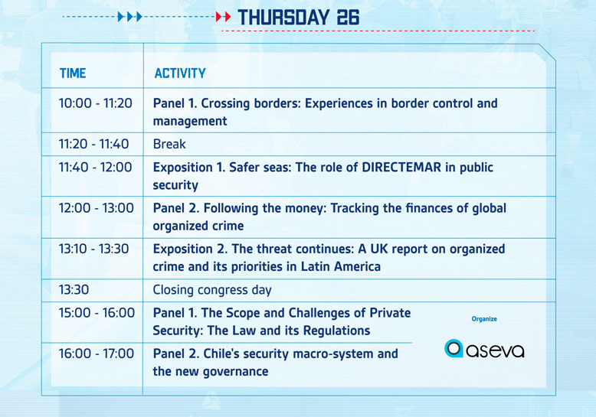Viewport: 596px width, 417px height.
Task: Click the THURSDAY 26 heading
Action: point(298,18)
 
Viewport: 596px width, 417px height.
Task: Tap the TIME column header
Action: point(73,73)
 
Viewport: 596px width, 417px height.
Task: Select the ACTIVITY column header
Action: point(180,73)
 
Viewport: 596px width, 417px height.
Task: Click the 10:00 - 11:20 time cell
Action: point(96,103)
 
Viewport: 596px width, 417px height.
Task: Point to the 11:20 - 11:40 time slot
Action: point(94,144)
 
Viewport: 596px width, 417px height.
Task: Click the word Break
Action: point(169,144)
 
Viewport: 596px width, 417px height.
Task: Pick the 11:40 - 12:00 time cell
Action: point(96,167)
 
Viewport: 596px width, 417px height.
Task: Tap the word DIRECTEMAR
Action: point(401,167)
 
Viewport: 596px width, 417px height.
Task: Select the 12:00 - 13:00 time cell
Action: point(97,208)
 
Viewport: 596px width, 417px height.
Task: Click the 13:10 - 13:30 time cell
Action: point(94,249)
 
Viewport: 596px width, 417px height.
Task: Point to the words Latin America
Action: point(341,266)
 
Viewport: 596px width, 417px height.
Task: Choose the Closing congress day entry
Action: point(212,290)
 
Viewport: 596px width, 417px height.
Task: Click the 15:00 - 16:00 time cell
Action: point(97,313)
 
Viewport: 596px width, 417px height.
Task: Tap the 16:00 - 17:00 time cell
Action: point(97,353)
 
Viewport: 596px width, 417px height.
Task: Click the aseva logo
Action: point(484,349)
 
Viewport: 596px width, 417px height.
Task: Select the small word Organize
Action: point(484,319)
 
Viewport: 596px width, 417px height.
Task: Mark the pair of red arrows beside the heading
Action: point(224,17)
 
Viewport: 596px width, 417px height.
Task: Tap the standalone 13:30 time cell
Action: point(74,290)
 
